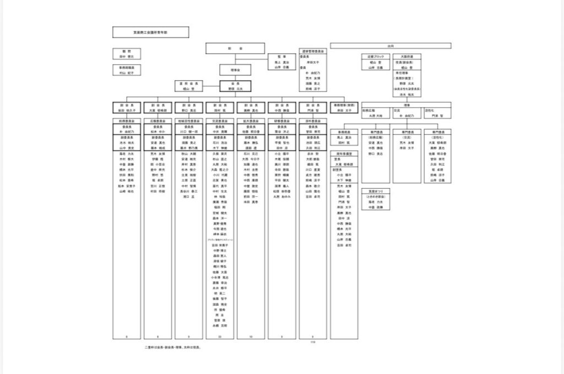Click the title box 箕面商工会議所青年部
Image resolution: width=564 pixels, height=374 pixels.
(150, 32)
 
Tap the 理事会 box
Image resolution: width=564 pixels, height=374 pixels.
(236, 70)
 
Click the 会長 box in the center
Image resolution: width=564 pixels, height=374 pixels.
(236, 85)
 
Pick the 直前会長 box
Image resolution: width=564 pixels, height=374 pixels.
(190, 85)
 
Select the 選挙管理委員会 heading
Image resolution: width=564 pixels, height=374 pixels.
(314, 51)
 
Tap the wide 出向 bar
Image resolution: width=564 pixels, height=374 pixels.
(391, 46)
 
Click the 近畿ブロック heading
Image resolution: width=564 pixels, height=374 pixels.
(376, 56)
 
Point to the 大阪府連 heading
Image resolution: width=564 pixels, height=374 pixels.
(407, 56)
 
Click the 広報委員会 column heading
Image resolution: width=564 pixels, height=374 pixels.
(158, 120)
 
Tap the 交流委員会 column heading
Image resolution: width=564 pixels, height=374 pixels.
(220, 120)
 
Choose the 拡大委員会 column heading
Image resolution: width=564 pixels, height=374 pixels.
(251, 120)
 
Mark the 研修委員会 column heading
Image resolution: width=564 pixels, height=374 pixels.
(282, 120)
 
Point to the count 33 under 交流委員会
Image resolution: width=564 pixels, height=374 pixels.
(220, 336)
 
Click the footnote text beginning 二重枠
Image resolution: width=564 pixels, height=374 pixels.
(172, 348)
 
